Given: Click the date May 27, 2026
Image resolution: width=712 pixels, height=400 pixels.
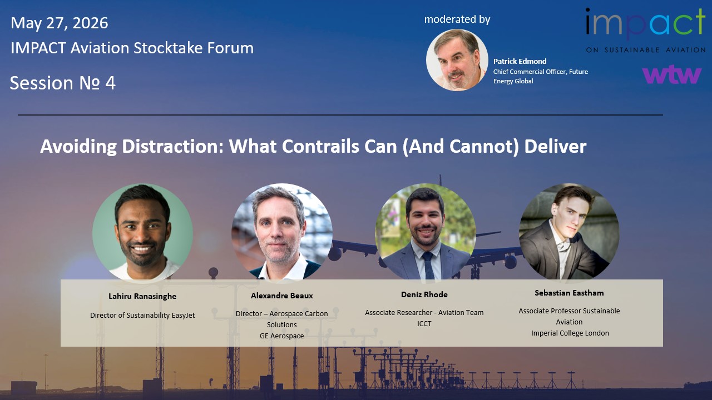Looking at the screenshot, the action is [x=60, y=23].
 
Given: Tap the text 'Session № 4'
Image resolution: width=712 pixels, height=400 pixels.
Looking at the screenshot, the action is [x=63, y=83].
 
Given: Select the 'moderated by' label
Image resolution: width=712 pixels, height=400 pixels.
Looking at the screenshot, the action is [x=457, y=19].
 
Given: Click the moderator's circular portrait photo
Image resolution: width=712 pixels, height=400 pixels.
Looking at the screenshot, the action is [x=457, y=60].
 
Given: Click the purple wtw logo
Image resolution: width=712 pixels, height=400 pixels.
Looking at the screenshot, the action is [x=671, y=74].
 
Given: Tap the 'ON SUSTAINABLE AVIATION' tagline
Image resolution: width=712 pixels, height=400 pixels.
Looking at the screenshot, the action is [x=646, y=50].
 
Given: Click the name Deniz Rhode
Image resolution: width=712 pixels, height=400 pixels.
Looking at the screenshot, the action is [x=424, y=294].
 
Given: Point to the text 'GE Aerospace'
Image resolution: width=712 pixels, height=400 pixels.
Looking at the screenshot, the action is [x=281, y=336].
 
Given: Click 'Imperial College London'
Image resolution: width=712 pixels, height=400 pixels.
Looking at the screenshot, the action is [x=570, y=333].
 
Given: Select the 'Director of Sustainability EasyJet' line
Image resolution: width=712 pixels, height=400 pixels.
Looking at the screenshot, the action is [x=142, y=315].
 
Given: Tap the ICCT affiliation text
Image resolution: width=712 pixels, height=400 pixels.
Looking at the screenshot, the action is [x=424, y=324].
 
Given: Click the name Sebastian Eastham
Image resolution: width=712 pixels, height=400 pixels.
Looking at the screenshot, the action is [x=569, y=293].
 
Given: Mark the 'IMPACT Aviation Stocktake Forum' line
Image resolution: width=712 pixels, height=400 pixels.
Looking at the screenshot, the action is [x=132, y=48].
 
